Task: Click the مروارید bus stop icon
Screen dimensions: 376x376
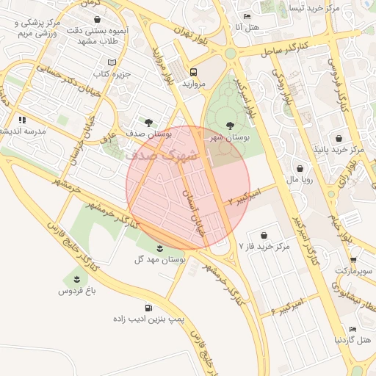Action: pos(194,72)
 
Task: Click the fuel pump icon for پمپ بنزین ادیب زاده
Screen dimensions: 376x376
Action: pos(149,308)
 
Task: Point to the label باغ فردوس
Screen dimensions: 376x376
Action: pos(78,291)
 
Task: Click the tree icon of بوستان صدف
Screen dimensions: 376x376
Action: pos(150,122)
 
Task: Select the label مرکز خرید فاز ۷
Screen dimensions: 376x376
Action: pos(264,247)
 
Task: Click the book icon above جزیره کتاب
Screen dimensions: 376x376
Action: pos(112,62)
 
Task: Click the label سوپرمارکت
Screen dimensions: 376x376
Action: pos(355,271)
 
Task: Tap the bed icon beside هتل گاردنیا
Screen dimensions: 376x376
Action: pos(353,329)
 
